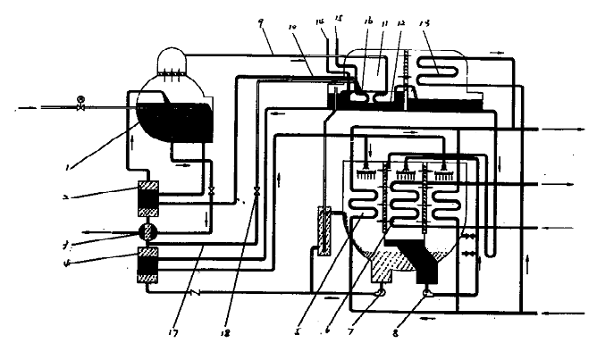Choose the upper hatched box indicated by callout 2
147,198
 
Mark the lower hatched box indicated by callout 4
147,265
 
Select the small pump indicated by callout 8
427,291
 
